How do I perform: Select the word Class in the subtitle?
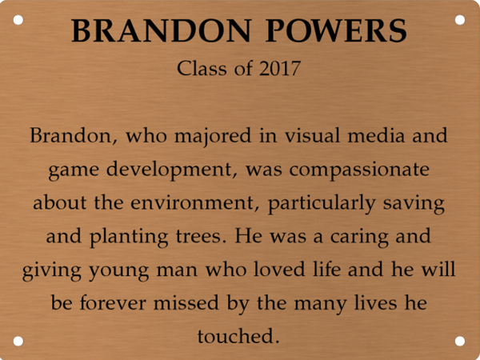[202, 69]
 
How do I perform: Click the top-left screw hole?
[18, 18]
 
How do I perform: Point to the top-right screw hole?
[460, 18]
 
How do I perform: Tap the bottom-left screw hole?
[18, 341]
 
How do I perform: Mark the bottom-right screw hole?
[460, 341]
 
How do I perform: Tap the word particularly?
[330, 204]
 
